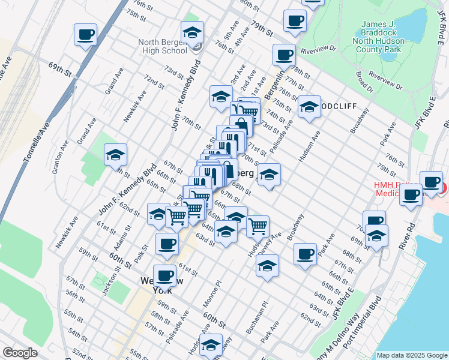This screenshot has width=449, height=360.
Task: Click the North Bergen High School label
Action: tap(169, 47)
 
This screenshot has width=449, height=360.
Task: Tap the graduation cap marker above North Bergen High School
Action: tap(192, 32)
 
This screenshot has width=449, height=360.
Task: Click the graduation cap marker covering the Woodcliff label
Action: tap(309, 107)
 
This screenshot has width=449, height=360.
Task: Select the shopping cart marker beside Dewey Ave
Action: tap(258, 227)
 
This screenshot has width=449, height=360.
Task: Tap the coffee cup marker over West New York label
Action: tap(164, 275)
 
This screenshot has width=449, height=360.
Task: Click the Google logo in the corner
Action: tap(20, 353)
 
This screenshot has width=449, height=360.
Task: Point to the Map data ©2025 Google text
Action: tap(411, 355)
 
